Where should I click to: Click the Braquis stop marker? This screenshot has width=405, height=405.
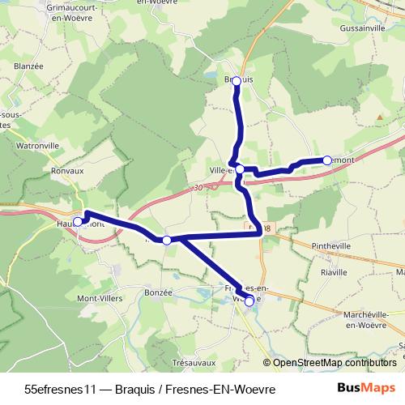pos(237,80)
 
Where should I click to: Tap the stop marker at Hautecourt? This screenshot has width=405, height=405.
pos(78,221)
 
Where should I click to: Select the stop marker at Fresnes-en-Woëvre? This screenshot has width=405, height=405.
pos(249,301)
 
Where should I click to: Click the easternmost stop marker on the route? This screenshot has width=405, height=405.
pos(327,160)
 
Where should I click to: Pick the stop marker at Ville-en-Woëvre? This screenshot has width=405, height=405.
pos(240,168)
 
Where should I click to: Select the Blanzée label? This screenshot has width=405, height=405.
pos(28,67)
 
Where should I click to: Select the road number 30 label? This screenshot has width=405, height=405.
pos(199,188)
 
